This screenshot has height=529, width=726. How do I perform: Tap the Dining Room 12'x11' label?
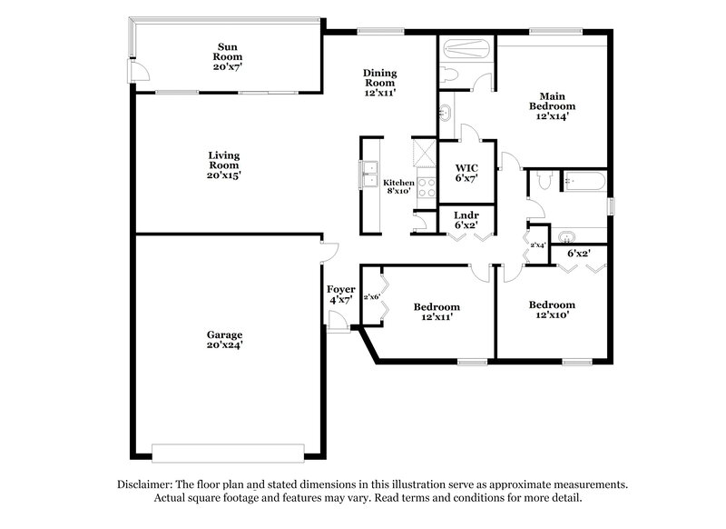(x=379, y=82)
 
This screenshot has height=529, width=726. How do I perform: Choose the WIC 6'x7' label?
(x=466, y=174)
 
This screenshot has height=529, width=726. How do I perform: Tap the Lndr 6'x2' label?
(x=466, y=219)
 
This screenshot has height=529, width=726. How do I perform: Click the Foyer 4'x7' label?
(x=340, y=294)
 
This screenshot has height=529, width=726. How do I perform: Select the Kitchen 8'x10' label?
(x=398, y=187)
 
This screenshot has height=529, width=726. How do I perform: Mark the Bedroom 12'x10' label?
(x=552, y=310)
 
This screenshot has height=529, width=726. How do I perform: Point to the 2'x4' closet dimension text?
(x=538, y=245)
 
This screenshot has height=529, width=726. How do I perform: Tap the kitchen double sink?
(x=369, y=173)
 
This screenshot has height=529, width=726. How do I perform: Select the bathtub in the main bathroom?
(x=466, y=48)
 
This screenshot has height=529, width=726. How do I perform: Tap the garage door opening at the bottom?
(x=227, y=452)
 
